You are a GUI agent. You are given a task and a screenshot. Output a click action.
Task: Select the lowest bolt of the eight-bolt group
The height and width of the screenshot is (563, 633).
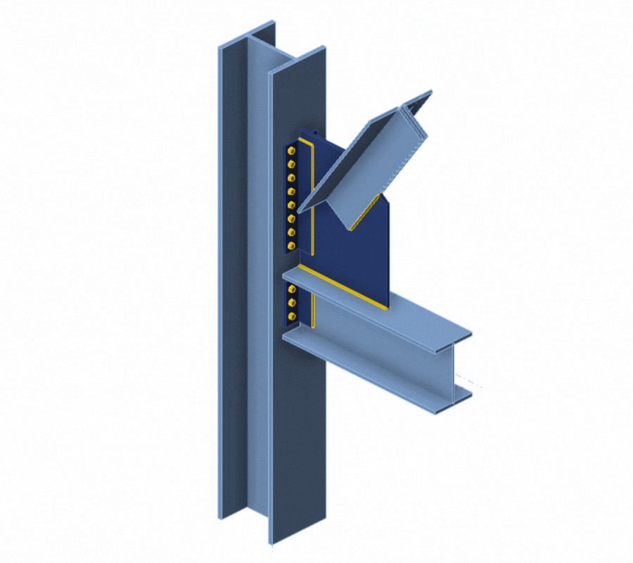click(x=291, y=246)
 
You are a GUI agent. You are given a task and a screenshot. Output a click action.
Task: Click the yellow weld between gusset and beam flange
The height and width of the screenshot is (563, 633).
click(x=344, y=288)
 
